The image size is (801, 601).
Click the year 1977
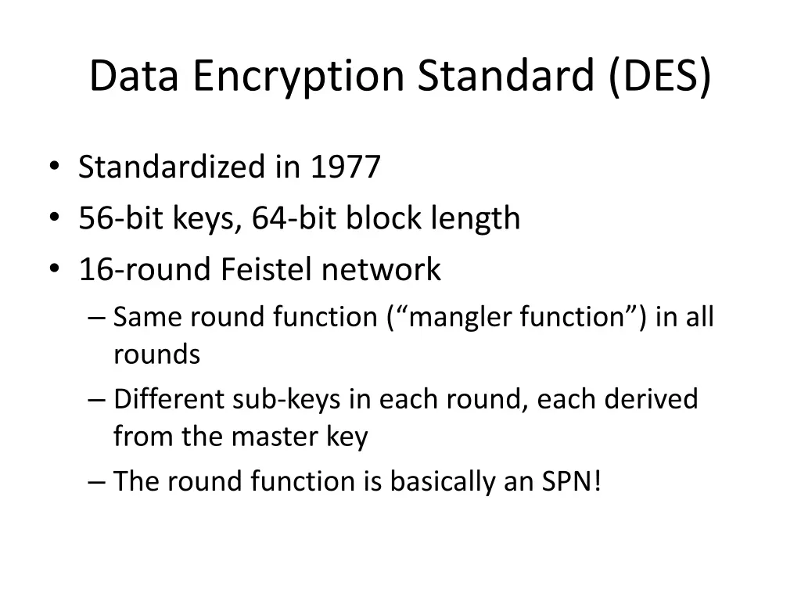[x=345, y=167]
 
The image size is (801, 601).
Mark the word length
[x=476, y=218]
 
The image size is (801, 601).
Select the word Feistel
[x=267, y=269]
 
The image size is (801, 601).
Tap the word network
[x=382, y=269]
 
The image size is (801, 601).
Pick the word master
[x=271, y=437]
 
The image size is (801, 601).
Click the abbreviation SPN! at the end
[x=572, y=481]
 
